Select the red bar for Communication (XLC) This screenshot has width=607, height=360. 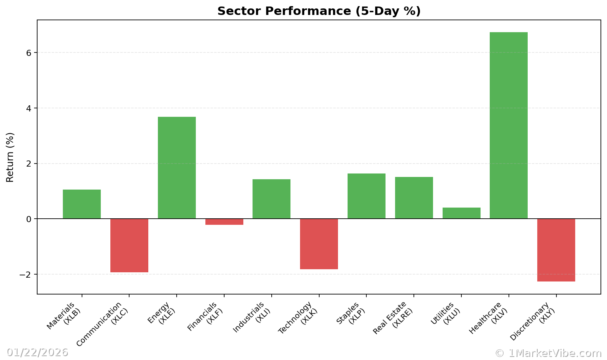(129, 245)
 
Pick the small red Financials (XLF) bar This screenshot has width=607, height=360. (224, 222)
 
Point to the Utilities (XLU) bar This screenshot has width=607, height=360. (461, 213)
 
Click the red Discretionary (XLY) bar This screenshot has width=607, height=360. (556, 250)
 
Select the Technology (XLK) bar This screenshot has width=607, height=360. (319, 244)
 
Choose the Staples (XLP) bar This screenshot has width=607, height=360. (366, 196)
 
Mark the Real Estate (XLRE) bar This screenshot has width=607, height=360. (414, 198)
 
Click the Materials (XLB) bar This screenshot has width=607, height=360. (82, 204)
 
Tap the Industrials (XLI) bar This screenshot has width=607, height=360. (271, 199)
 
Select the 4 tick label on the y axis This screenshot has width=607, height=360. (29, 108)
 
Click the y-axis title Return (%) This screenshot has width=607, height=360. (10, 157)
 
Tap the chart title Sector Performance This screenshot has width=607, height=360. (319, 11)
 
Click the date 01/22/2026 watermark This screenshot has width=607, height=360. (37, 352)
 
